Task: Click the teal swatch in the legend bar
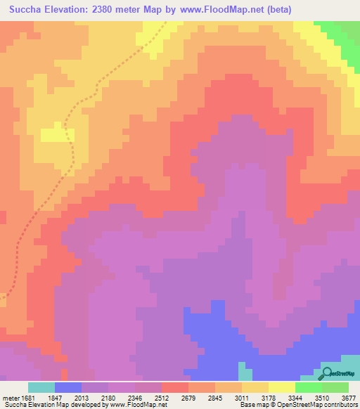41,387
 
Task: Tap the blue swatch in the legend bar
68,387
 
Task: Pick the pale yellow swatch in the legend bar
281,387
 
